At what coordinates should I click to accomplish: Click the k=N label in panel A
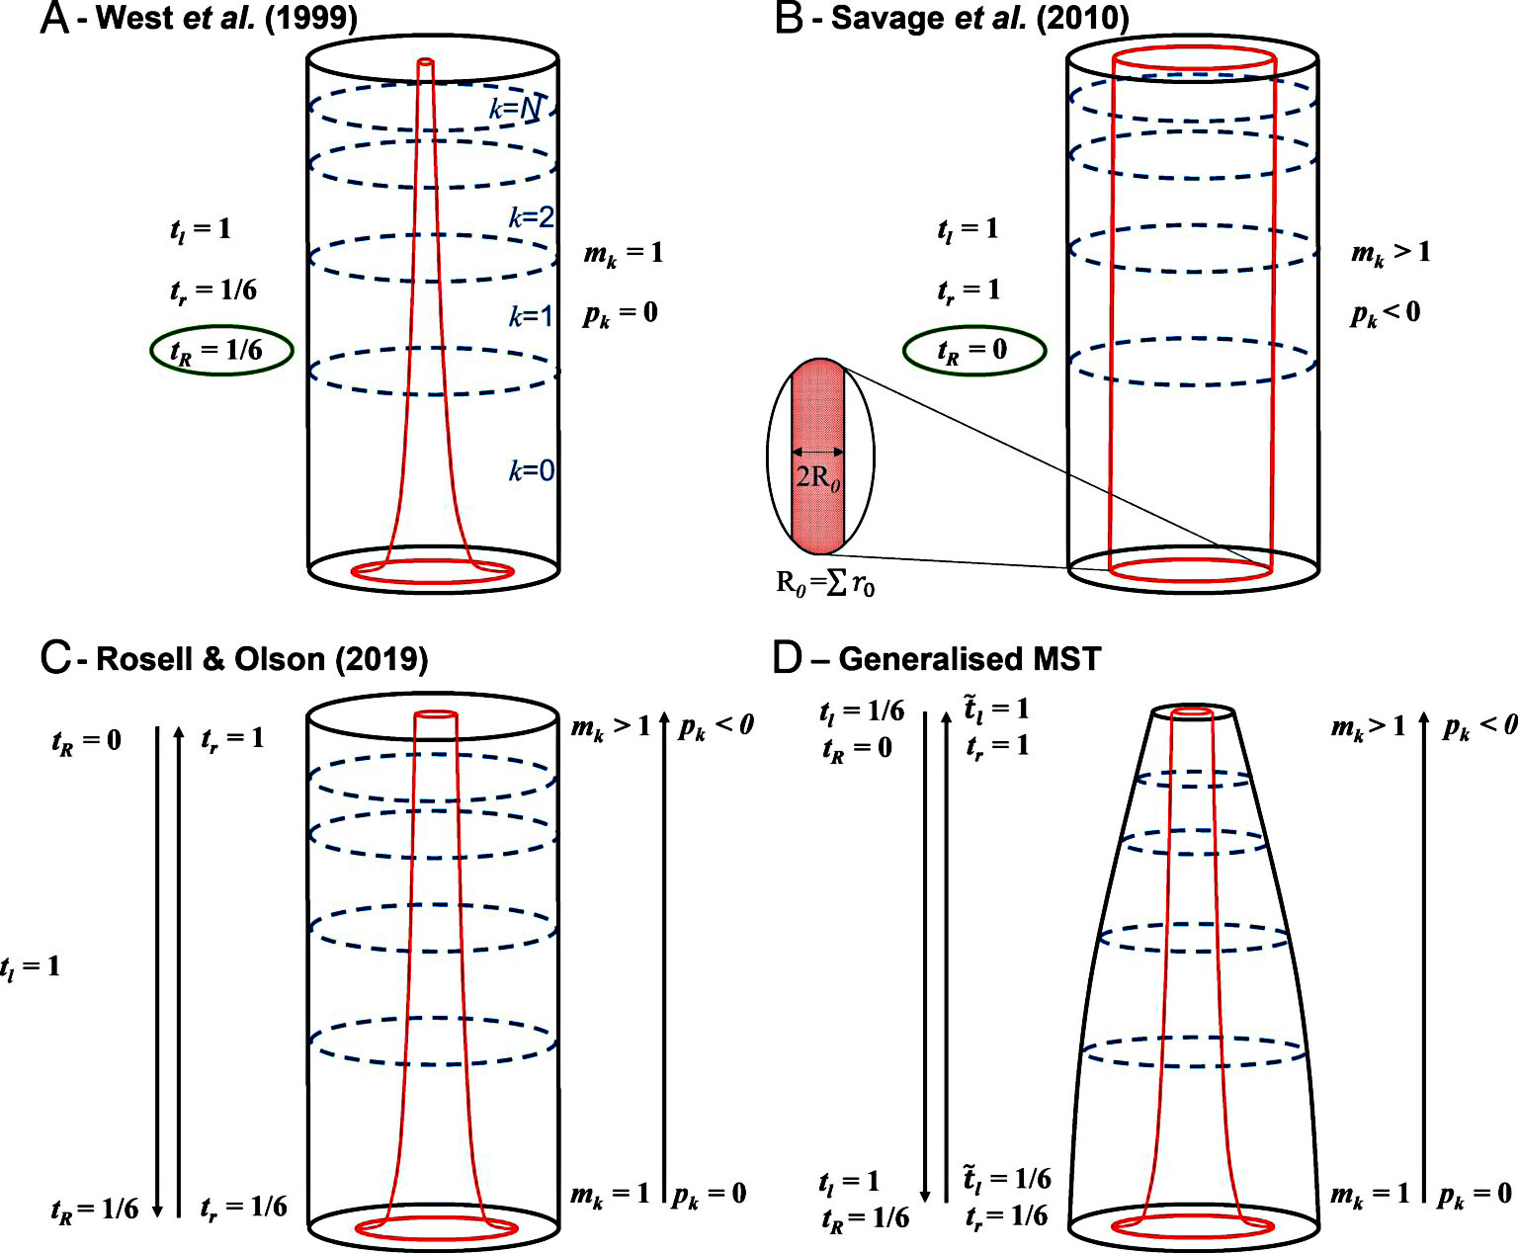[515, 108]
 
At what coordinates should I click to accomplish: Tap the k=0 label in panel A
[532, 470]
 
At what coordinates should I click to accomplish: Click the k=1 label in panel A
[532, 316]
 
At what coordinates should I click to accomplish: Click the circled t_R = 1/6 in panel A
[221, 351]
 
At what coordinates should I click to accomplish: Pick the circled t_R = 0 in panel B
[973, 351]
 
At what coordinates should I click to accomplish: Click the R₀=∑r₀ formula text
[825, 583]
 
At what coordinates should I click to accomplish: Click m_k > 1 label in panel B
[1391, 253]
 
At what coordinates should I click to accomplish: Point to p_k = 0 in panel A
[620, 314]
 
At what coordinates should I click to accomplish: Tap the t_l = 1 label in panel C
[30, 965]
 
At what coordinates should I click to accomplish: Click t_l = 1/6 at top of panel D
[861, 711]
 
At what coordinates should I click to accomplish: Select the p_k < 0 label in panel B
[1386, 314]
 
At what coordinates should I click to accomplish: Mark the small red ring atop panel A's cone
[426, 63]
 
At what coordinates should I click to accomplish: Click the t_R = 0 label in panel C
[86, 740]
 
